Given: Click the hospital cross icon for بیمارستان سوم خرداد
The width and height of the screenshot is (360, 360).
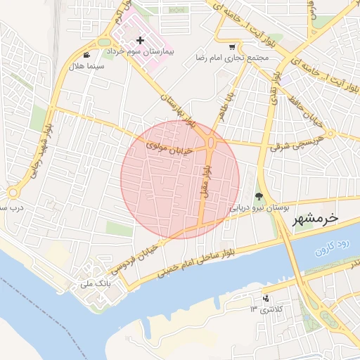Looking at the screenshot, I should point(141,41).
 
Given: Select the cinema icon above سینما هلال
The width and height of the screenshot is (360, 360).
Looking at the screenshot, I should point(86,55).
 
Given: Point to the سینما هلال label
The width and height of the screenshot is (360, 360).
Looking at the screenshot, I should point(86,66).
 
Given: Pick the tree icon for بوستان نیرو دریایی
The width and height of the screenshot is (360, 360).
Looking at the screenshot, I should point(259,197).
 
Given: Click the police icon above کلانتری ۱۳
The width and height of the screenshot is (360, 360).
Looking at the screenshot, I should point(265,298).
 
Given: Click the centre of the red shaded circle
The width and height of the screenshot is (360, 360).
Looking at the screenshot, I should point(180,179).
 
